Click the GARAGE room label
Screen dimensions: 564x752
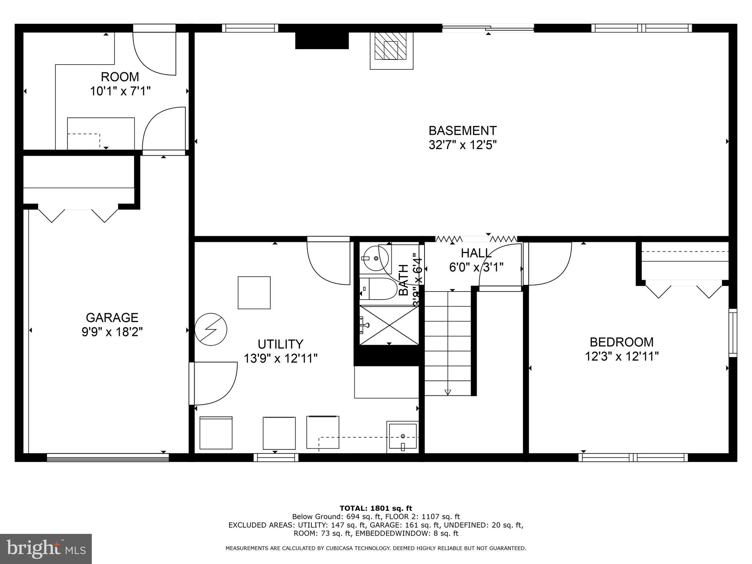112,317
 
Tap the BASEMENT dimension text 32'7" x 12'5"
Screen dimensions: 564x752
462,145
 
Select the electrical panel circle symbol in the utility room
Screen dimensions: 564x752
210,329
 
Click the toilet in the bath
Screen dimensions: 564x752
377,289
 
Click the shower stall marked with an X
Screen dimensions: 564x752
389,325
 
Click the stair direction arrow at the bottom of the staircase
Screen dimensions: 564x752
448,392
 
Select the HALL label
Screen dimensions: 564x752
476,253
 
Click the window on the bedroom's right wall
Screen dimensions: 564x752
733,333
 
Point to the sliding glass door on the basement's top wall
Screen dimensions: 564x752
488,28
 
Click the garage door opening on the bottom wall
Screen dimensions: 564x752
108,457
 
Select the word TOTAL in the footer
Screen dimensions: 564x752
353,509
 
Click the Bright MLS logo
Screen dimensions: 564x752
46,549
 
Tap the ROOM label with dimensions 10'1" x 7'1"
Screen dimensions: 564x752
120,77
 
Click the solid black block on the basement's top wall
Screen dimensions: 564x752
322,40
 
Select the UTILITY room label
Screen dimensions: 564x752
280,344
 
